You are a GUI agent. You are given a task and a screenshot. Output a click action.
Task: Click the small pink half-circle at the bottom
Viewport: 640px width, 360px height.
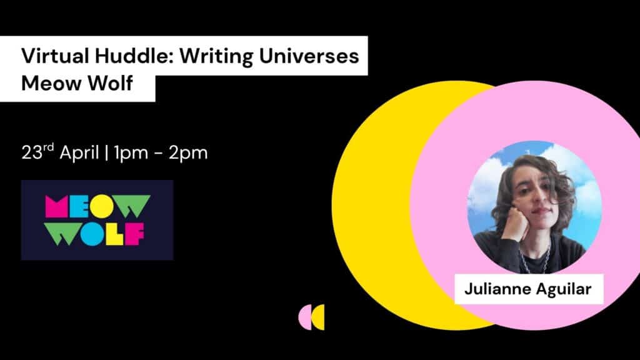click(304, 317)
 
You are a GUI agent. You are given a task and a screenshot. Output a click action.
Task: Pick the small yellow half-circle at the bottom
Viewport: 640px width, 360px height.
click(319, 317)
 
